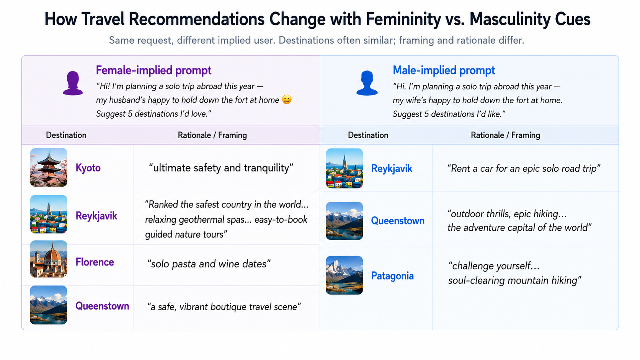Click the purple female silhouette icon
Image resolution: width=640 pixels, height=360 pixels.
coord(73,83)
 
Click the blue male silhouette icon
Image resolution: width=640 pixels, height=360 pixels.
coord(367,83)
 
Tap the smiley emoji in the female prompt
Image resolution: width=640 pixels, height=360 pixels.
coord(287,99)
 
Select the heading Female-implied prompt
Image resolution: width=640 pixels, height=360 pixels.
coord(153,70)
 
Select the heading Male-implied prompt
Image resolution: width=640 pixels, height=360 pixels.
coord(444,70)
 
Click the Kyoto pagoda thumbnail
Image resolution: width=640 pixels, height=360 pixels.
coord(49,167)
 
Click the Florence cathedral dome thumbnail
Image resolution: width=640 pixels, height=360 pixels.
coord(49,259)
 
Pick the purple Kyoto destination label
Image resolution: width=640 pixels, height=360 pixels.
coord(88,168)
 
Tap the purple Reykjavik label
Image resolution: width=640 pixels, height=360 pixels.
coord(96,216)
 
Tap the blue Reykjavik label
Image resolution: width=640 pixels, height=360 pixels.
coord(392,169)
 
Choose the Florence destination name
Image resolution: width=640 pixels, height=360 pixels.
coord(95,262)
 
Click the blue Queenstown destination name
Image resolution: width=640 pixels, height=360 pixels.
coord(398,221)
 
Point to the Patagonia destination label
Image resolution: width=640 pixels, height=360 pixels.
coord(392,276)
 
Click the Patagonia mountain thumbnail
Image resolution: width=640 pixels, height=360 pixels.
coord(344,275)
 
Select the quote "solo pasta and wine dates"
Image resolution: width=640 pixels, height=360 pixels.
coord(209,264)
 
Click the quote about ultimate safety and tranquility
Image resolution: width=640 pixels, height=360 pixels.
coord(221,168)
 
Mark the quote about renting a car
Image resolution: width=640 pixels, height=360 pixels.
coord(524,168)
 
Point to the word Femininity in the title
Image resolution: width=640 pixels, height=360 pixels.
coord(403,20)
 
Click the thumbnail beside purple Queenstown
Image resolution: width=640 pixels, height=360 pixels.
coord(49,305)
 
